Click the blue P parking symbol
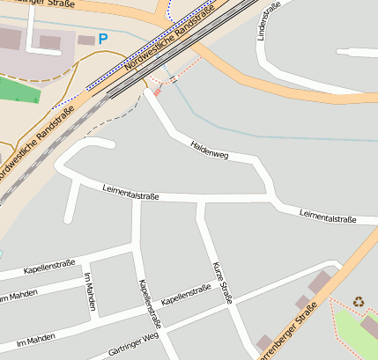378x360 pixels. point(103,39)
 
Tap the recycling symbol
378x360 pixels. point(359,302)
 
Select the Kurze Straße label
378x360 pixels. point(222,282)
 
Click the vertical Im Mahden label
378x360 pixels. point(88,290)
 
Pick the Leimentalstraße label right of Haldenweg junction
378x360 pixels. point(327,215)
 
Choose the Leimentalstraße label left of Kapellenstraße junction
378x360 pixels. point(130,191)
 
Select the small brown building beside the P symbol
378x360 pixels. point(85,40)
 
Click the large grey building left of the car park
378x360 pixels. point(9,38)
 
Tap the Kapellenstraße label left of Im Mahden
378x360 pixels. point(48,266)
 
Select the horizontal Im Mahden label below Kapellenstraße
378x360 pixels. point(35,338)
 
